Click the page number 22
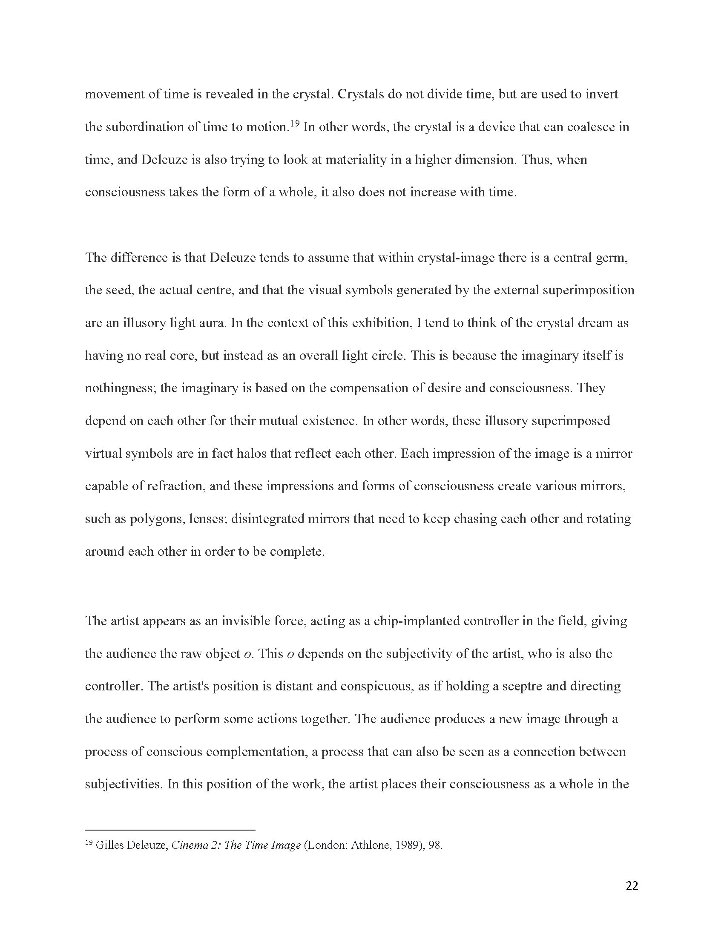[632, 885]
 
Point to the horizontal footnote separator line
[170, 830]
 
